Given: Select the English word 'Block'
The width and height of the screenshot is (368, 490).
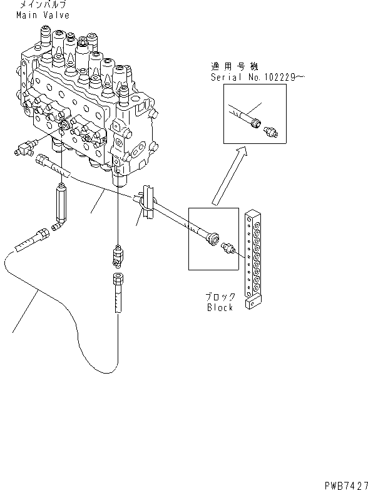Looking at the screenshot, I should point(220,307).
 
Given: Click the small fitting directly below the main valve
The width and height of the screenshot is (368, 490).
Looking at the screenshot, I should point(117,254).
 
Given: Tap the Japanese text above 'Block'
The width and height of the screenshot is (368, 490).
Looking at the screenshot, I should point(220,297).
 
